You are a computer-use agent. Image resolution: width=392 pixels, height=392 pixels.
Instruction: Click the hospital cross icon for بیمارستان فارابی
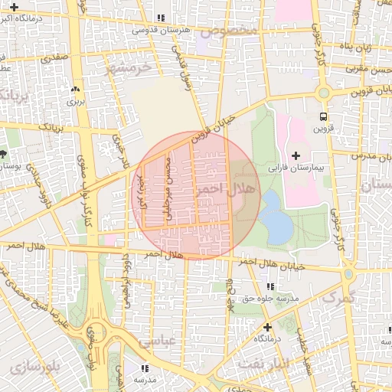click(x=296, y=156)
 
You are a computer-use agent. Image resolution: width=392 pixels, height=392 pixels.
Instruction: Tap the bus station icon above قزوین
click(x=323, y=117)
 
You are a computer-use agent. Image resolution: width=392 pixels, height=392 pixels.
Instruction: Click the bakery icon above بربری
click(x=74, y=89)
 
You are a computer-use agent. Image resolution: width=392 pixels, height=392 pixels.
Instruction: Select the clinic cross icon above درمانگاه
click(x=266, y=327)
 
